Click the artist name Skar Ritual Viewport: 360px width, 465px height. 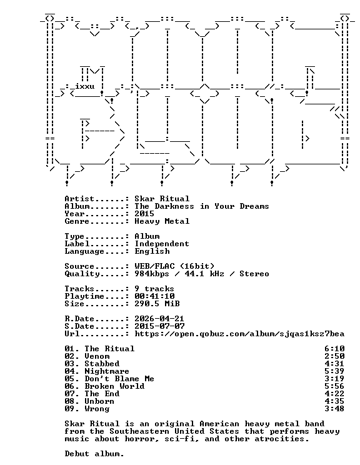162,199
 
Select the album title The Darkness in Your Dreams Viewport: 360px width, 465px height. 202,206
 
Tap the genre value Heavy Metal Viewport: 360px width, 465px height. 162,221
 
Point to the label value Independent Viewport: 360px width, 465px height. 162,244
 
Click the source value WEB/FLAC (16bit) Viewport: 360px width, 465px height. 174,266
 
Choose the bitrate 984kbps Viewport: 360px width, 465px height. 152,274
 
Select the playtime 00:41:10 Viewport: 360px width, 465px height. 154,296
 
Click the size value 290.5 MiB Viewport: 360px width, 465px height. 157,304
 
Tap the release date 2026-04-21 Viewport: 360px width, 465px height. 159,319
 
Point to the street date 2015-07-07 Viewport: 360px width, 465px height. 159,326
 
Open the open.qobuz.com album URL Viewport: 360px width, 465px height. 239,334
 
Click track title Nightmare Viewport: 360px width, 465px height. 107,371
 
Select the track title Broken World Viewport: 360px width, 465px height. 114,386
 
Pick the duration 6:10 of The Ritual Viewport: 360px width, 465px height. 334,349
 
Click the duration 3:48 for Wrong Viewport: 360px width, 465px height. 334,409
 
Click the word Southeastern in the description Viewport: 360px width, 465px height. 139,431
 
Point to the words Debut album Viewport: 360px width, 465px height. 94,454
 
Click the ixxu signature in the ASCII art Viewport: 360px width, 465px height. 85,87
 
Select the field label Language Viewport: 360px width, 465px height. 84,251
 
